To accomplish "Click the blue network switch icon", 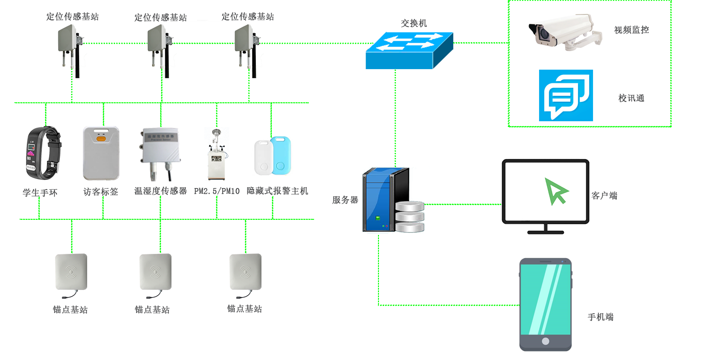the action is coord(409,50).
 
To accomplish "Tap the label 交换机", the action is coord(414,23).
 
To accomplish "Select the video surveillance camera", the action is coord(565,33).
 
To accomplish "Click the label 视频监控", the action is coord(631,30).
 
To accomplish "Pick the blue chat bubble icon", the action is coord(566,95).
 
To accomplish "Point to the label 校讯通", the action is coord(631,99).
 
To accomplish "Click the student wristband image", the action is coord(43,153).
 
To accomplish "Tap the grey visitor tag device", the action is coord(101,153).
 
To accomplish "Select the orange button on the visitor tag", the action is coord(101,138).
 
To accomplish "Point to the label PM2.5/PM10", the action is coord(216,191).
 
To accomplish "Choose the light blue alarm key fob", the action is coord(281,155).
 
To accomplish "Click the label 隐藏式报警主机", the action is coord(278,191).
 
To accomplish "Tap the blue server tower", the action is coord(386,199).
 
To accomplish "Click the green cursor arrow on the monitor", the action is coord(556,191).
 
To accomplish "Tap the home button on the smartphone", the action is coord(545,341).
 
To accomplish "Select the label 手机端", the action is coord(601,317).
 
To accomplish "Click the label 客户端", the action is coord(604,196).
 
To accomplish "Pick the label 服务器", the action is coord(345,200).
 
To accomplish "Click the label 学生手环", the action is coord(40,193).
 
